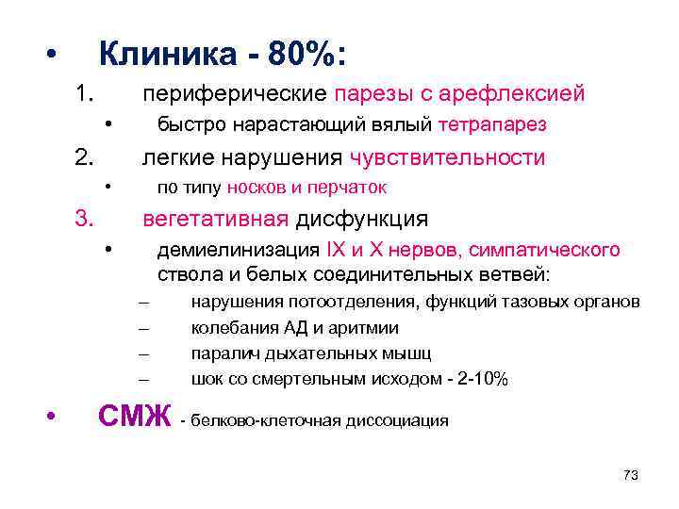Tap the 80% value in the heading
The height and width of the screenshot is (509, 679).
click(x=298, y=54)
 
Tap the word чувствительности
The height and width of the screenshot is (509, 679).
click(x=447, y=157)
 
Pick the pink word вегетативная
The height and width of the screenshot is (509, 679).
click(x=214, y=220)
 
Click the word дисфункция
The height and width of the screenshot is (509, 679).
click(x=362, y=220)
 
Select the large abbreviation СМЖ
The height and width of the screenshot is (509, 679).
click(x=135, y=415)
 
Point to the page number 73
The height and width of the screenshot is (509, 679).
click(x=631, y=476)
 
